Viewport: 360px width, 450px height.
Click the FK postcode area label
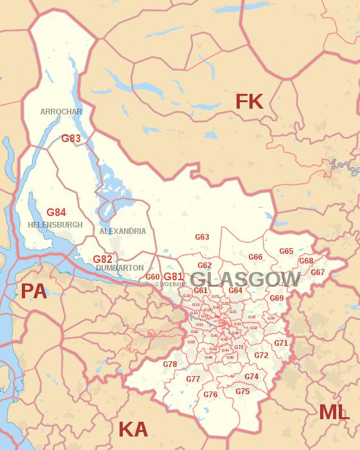(249, 101)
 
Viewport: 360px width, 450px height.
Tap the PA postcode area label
(34, 291)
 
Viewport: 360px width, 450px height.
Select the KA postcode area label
(133, 429)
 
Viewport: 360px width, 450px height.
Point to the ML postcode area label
(334, 412)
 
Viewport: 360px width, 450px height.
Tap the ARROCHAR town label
(61, 111)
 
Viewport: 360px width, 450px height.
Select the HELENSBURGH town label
(55, 225)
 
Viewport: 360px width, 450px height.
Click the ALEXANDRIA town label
(122, 231)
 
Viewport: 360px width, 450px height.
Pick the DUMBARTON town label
(120, 267)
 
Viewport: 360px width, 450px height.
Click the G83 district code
(71, 138)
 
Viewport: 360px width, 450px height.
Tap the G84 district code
(56, 212)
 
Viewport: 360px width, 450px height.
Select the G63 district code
(202, 237)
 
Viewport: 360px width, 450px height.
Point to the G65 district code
(286, 251)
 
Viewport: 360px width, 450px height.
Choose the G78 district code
(170, 364)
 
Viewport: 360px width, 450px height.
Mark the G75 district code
(242, 392)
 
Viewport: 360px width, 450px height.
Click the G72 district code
(261, 355)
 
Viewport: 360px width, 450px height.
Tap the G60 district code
(152, 277)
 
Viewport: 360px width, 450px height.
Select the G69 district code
(276, 298)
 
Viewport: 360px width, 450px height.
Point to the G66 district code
(255, 257)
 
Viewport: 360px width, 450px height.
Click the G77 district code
(193, 379)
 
